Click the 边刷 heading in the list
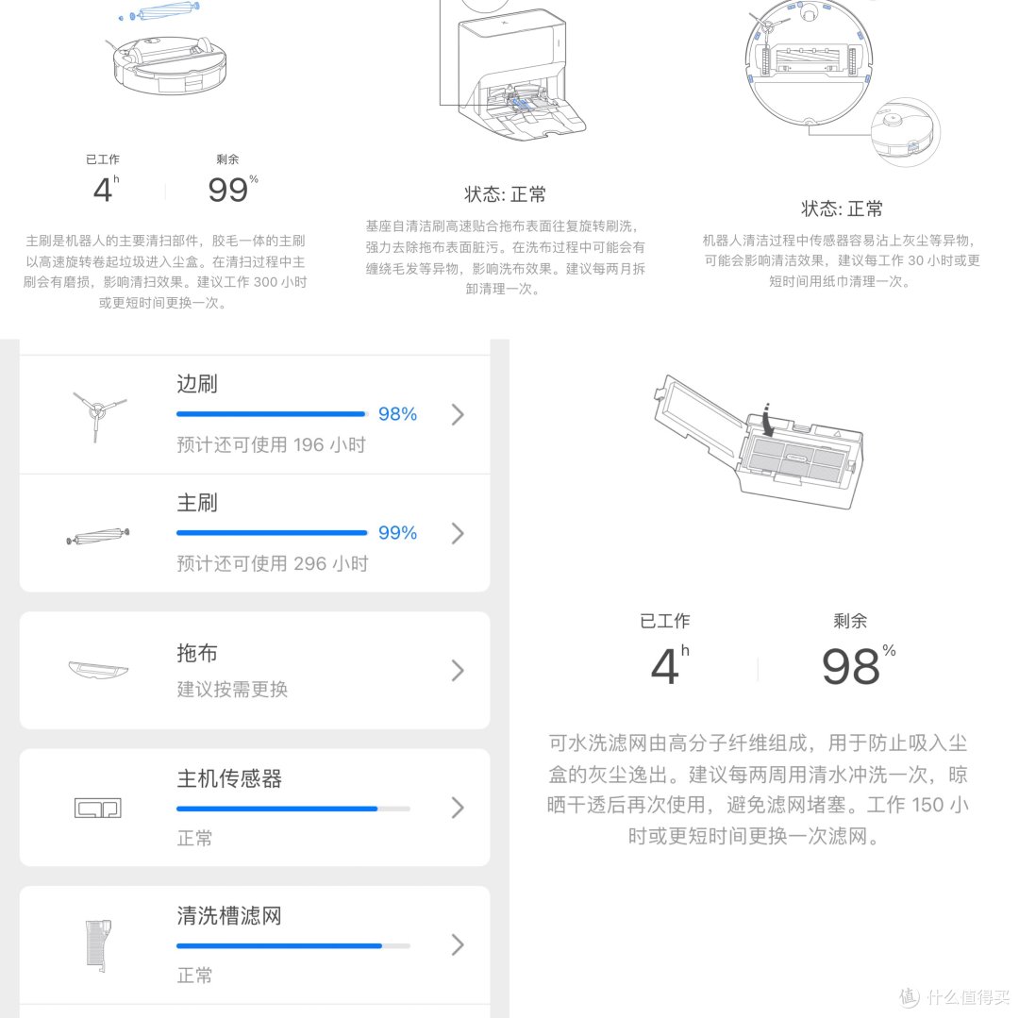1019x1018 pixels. click(x=197, y=384)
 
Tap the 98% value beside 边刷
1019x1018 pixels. click(x=397, y=414)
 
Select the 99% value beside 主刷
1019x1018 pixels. click(x=397, y=533)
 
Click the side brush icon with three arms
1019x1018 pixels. click(x=98, y=415)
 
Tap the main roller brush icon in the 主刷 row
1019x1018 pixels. click(x=98, y=536)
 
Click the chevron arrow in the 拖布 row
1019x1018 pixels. click(x=458, y=671)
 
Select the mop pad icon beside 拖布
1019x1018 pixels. click(x=98, y=670)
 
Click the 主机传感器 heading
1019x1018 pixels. click(x=229, y=778)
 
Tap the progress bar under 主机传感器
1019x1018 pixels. click(x=292, y=809)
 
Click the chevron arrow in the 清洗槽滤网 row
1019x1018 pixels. click(x=458, y=944)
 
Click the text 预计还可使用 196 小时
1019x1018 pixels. click(x=271, y=444)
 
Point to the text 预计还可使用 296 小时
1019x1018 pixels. click(x=272, y=563)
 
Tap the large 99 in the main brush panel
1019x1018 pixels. click(x=228, y=190)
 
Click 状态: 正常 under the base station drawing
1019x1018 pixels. click(x=505, y=194)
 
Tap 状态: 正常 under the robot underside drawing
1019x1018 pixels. click(x=842, y=209)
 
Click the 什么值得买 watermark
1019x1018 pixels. click(x=955, y=997)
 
